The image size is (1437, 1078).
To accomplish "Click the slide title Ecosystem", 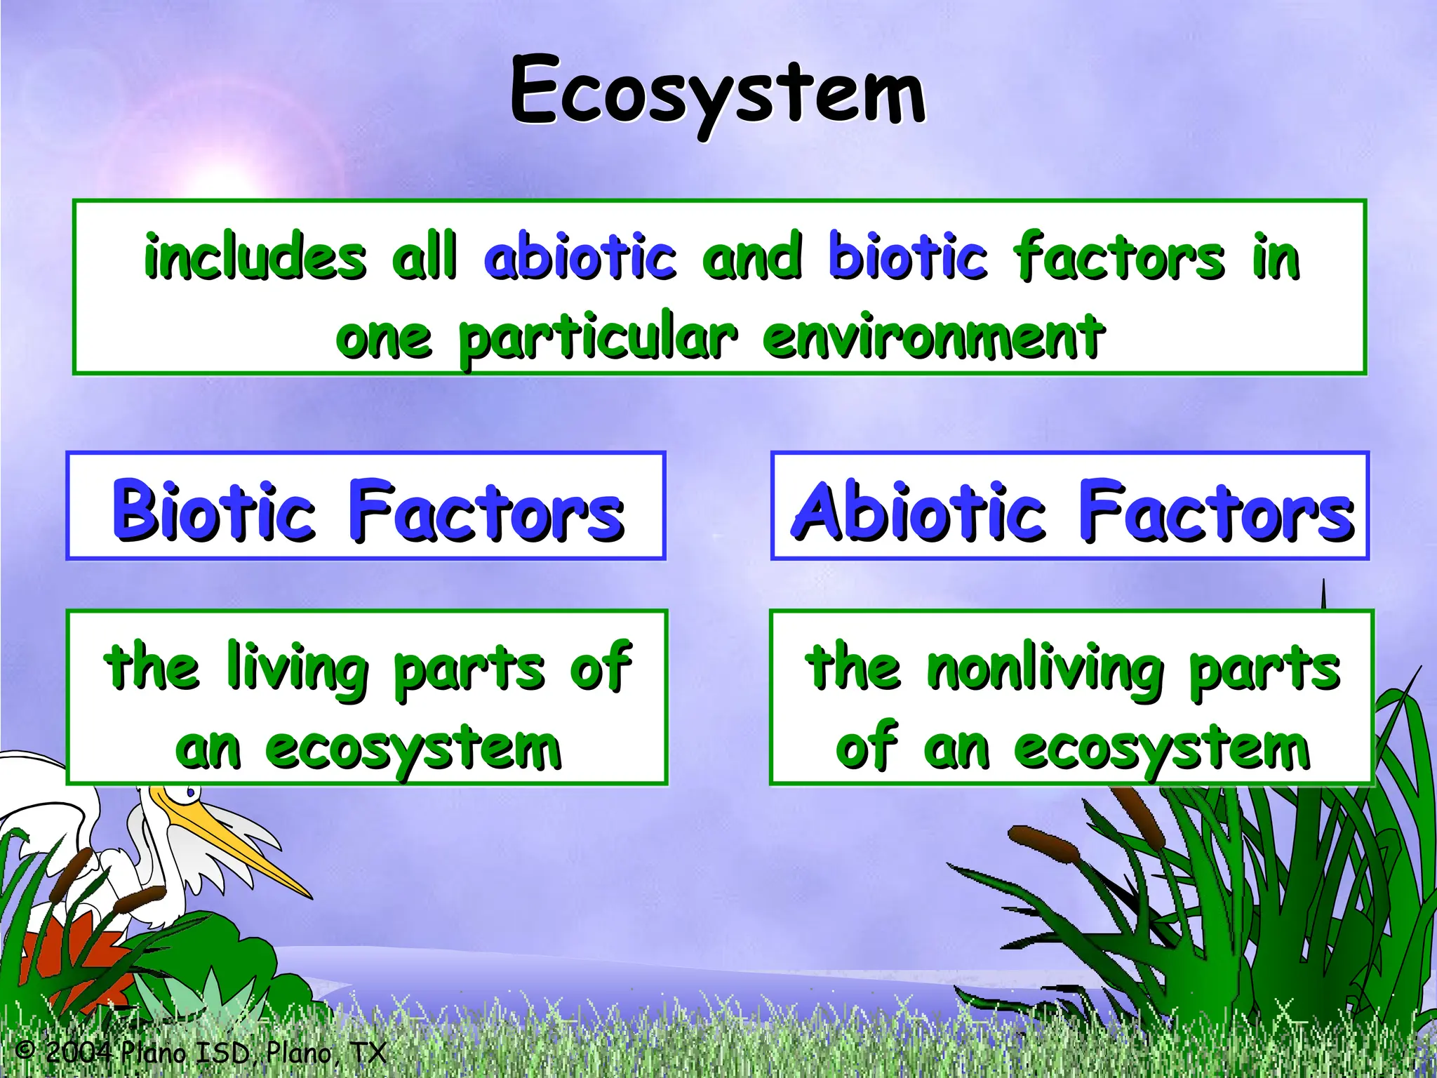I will coord(717,91).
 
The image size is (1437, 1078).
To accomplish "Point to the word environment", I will coord(933,337).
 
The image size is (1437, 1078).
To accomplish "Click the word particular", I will coord(598,338).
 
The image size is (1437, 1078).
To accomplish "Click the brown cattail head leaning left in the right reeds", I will coord(1043,844).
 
